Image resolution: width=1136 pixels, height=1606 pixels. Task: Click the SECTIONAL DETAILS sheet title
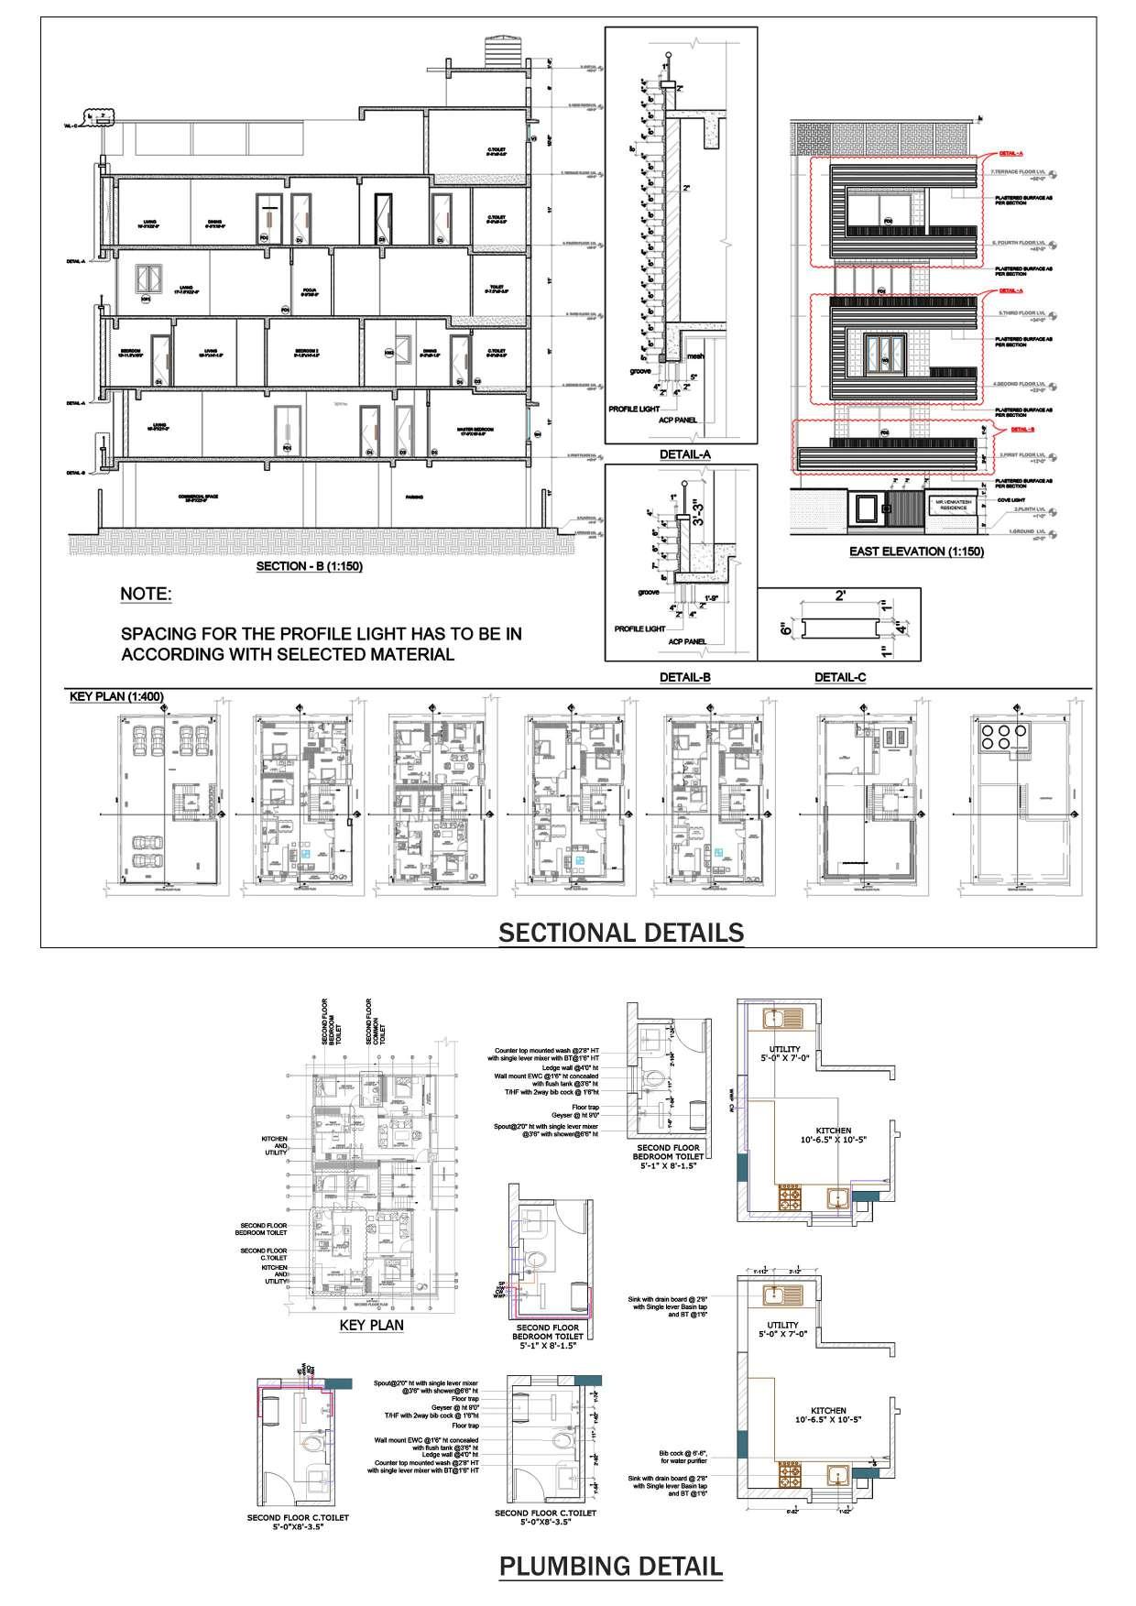(x=620, y=933)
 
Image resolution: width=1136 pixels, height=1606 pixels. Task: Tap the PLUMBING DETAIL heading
(x=610, y=1566)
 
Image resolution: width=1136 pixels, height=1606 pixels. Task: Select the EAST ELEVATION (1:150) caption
(x=916, y=552)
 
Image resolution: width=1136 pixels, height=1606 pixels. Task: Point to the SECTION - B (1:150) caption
(x=310, y=566)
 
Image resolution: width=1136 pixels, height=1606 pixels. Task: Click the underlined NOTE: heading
(x=146, y=595)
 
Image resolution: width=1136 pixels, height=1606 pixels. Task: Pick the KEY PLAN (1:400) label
(x=116, y=697)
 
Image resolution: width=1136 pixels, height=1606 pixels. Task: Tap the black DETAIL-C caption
(x=840, y=678)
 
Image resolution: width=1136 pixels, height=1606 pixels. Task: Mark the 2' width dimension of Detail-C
(x=840, y=595)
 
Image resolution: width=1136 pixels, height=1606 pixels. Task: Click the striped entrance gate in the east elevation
(x=907, y=508)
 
